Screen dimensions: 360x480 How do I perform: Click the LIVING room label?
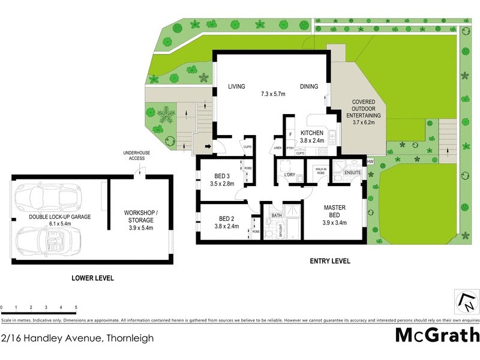(x=237, y=87)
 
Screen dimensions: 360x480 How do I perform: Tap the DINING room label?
(x=309, y=87)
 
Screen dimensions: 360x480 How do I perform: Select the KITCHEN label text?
(x=312, y=133)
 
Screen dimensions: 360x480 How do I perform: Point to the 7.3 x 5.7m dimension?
(x=273, y=94)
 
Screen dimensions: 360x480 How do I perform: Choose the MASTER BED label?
(x=334, y=211)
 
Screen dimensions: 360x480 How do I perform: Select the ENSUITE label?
(x=353, y=173)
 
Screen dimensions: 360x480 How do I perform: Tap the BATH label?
(x=276, y=215)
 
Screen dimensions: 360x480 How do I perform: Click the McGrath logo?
(x=436, y=335)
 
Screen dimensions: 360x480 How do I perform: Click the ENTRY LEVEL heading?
(x=329, y=262)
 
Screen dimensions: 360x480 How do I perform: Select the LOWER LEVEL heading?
(x=92, y=278)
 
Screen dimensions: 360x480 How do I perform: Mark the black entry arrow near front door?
(x=208, y=146)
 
